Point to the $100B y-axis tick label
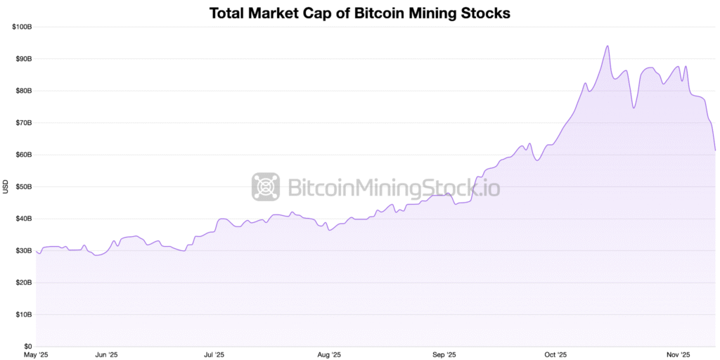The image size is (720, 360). pyautogui.click(x=22, y=27)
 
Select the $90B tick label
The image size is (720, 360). pyautogui.click(x=23, y=59)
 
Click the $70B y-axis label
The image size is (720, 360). pyautogui.click(x=23, y=123)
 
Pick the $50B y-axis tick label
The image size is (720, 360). pyautogui.click(x=23, y=187)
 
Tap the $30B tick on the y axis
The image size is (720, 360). pyautogui.click(x=23, y=251)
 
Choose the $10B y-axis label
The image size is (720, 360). pyautogui.click(x=23, y=314)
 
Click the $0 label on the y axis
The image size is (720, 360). pyautogui.click(x=27, y=347)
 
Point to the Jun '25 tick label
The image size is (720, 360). pyautogui.click(x=105, y=355)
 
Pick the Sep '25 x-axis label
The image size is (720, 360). pyautogui.click(x=444, y=355)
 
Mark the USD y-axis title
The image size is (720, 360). pyautogui.click(x=6, y=186)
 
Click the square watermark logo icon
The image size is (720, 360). pyautogui.click(x=266, y=187)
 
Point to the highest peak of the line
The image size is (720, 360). pyautogui.click(x=607, y=46)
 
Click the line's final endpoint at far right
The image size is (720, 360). pyautogui.click(x=715, y=150)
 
